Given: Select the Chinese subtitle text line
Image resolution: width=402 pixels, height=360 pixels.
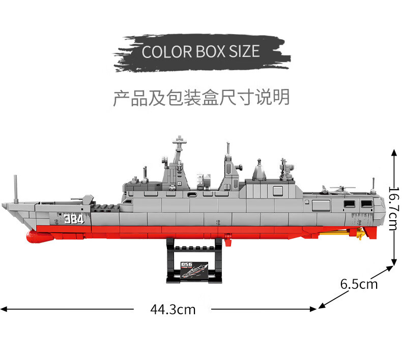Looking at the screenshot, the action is tap(201, 97).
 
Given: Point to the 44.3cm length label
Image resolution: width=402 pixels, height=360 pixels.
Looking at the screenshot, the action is tap(173, 309).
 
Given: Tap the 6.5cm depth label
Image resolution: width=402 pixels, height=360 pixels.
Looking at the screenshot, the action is tap(359, 284).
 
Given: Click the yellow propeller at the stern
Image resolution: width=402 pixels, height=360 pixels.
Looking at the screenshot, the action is tap(360, 234).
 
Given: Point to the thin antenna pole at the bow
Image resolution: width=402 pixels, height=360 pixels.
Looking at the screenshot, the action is tap(15, 188).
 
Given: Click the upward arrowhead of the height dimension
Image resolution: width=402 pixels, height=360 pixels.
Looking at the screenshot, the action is tap(394, 152).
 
